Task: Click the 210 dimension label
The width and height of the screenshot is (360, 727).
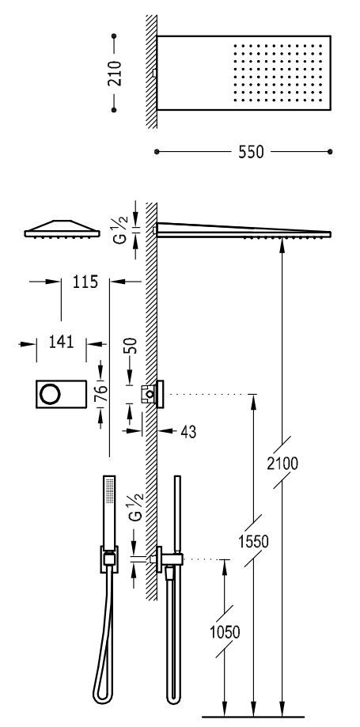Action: tap(114, 73)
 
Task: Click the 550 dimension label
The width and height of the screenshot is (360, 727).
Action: tap(251, 152)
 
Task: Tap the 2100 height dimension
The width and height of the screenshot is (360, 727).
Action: tap(282, 464)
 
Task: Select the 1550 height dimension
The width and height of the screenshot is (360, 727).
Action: tap(253, 541)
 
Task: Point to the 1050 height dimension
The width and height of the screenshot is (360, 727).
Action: tap(225, 632)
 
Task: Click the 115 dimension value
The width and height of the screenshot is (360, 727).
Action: tap(85, 282)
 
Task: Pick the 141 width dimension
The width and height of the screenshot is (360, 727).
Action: tap(61, 343)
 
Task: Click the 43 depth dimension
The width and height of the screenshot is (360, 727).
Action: tap(188, 432)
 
